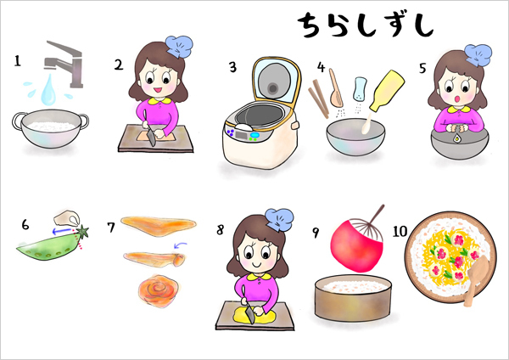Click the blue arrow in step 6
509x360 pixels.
click(x=61, y=228)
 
